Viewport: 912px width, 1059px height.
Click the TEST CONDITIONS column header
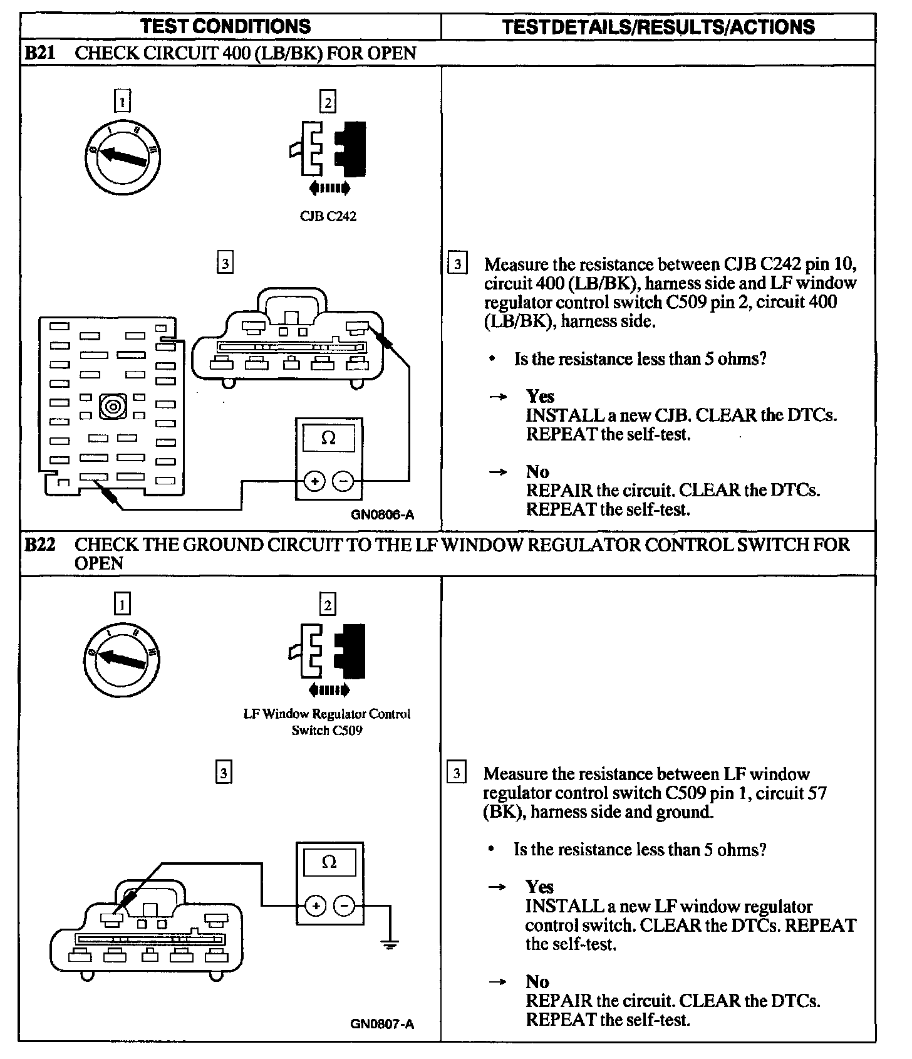point(225,26)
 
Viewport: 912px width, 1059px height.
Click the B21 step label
point(39,53)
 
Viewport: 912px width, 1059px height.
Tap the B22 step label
point(39,545)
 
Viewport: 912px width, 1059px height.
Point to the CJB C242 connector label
point(328,217)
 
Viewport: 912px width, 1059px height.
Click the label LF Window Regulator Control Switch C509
point(327,722)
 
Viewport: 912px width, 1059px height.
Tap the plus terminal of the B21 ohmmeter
point(314,481)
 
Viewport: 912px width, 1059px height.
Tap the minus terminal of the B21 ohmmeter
point(343,481)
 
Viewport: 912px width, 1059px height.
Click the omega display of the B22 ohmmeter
point(329,863)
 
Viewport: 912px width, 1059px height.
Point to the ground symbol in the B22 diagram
point(390,944)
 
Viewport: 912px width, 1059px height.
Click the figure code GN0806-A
point(382,515)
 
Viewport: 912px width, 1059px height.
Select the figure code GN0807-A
point(382,1025)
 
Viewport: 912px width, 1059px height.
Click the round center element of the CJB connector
point(113,407)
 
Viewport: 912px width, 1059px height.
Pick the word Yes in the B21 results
point(540,397)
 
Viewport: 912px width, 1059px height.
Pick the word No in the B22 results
point(537,982)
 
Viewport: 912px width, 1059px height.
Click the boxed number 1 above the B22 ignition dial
point(122,604)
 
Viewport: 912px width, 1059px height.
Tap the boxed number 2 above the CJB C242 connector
point(328,102)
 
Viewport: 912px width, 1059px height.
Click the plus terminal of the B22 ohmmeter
point(316,905)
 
